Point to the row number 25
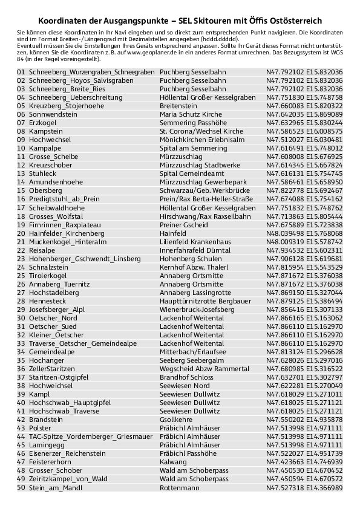tap(21, 275)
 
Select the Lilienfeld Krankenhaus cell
tap(195, 241)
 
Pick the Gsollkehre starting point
tap(176, 419)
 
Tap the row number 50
tap(21, 487)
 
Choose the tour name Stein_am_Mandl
tap(55, 487)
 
